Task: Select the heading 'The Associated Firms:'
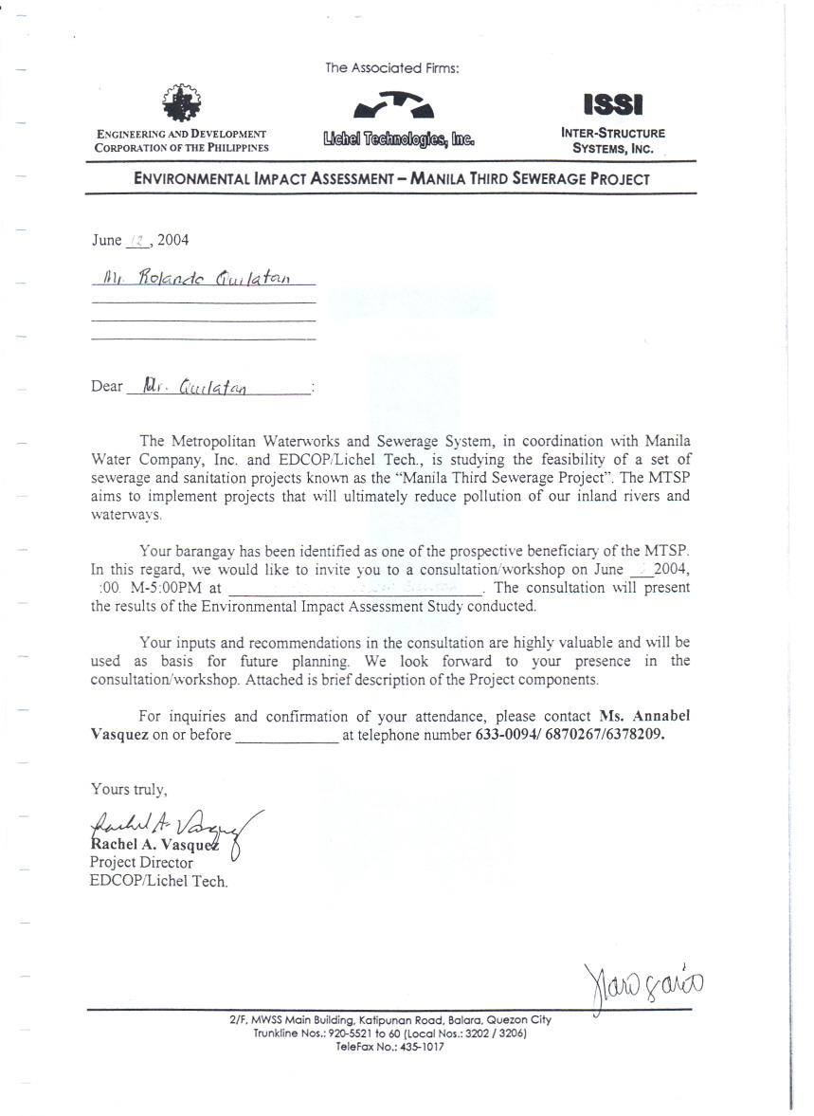point(391,68)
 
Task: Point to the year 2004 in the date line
point(173,240)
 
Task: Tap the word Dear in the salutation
point(107,386)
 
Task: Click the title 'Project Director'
point(140,863)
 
